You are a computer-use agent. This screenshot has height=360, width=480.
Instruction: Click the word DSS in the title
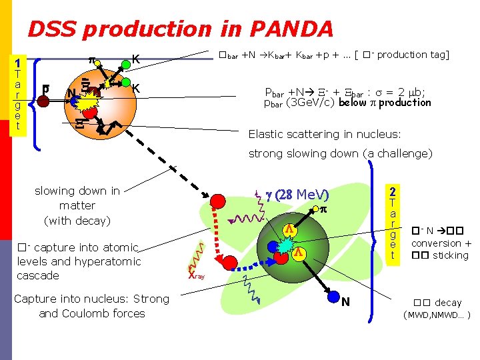pyautogui.click(x=53, y=29)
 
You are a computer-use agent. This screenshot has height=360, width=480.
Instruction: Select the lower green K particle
pyautogui.click(x=125, y=83)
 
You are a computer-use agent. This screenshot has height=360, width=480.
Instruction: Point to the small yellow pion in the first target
pyautogui.click(x=97, y=65)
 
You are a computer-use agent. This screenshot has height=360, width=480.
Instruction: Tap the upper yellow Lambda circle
pyautogui.click(x=290, y=229)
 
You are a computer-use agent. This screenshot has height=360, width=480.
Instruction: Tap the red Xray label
pyautogui.click(x=197, y=275)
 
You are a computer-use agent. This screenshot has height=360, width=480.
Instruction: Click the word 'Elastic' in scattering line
pyautogui.click(x=266, y=134)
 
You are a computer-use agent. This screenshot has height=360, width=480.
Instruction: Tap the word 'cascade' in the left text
pyautogui.click(x=39, y=275)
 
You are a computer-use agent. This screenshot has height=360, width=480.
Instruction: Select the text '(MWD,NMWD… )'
pyautogui.click(x=439, y=315)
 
